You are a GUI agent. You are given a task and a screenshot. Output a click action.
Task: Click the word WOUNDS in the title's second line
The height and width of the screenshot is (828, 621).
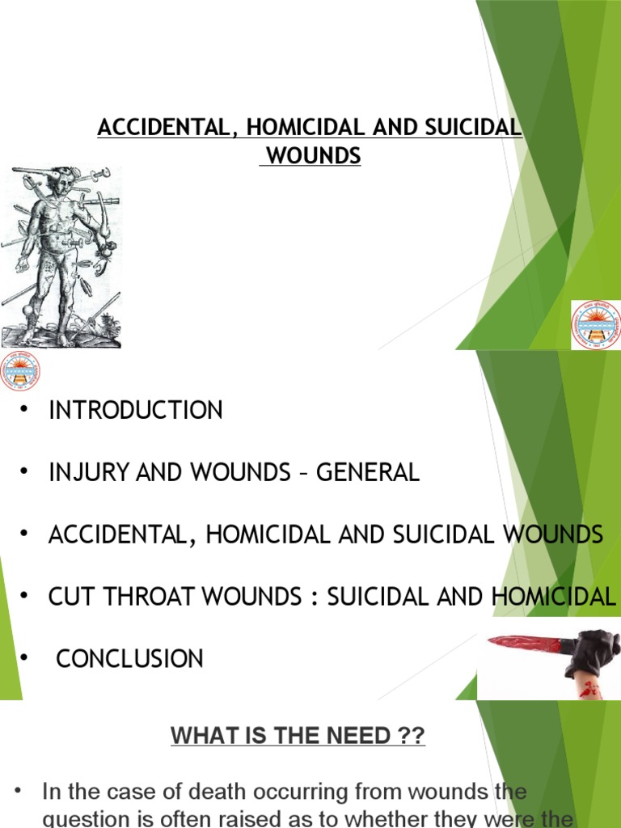314,156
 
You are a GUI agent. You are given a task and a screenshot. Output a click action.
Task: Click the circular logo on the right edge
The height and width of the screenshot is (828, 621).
596,323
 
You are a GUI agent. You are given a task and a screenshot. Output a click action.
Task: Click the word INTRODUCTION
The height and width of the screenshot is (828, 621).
136,411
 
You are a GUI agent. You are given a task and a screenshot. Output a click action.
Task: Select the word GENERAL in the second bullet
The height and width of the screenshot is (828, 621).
368,472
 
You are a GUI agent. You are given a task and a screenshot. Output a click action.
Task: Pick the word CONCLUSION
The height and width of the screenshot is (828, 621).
129,659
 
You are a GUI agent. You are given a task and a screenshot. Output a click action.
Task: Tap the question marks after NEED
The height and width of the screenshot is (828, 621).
409,737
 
